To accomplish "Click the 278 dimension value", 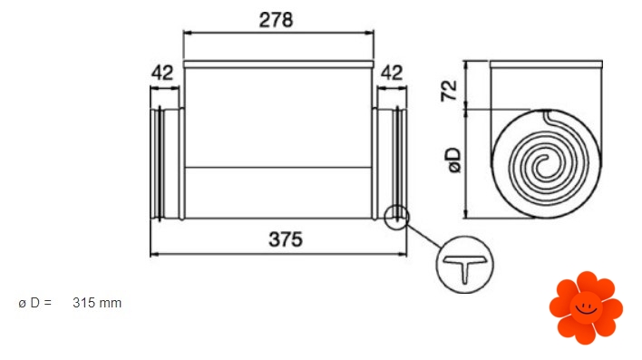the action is (276, 20).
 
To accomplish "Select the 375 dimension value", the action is (286, 239).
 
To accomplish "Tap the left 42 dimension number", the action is (162, 73).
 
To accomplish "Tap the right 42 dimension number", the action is (392, 73).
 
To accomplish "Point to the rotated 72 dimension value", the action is (449, 91).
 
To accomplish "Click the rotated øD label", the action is (454, 161).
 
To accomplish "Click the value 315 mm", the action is (97, 303).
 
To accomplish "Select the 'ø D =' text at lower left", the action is (35, 303).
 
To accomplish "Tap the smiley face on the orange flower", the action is (586, 307).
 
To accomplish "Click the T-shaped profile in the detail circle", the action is (464, 267).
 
